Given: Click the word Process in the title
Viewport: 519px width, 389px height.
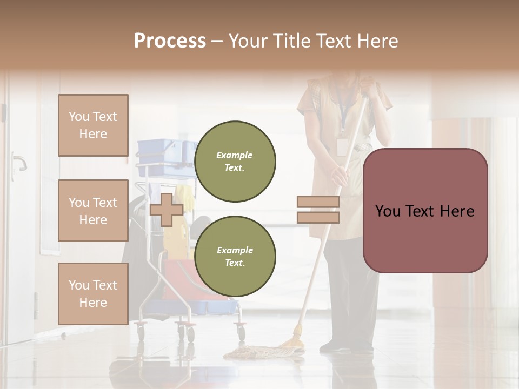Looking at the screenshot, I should tap(170, 41).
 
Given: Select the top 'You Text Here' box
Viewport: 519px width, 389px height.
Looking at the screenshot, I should tap(93, 125).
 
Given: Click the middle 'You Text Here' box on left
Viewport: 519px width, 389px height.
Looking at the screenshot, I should tap(93, 211).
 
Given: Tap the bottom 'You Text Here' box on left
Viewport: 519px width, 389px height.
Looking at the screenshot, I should tap(93, 293).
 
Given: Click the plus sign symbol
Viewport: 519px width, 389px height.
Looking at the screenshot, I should tap(167, 210).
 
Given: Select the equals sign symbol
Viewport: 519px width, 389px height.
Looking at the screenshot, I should tap(318, 210).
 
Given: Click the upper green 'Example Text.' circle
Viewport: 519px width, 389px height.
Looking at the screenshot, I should tap(235, 161).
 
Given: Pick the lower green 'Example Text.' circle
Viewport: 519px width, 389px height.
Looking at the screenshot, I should tap(235, 256).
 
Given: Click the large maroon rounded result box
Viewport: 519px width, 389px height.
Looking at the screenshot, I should tap(425, 211).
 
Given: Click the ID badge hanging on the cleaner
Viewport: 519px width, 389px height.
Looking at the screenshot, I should tap(342, 147).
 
